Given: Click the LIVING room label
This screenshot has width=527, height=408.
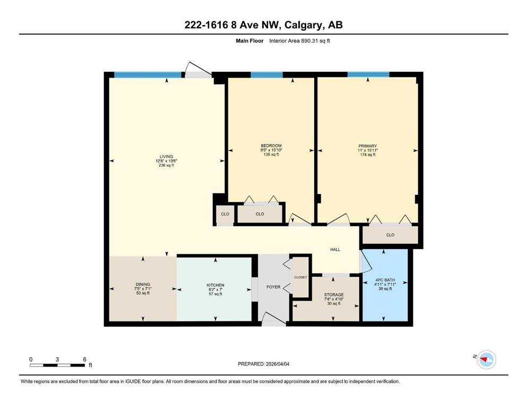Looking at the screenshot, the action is pos(166,156).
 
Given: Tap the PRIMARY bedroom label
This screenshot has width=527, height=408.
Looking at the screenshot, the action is pos(368,146).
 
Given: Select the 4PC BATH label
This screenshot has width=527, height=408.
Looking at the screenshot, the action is pos(385,280).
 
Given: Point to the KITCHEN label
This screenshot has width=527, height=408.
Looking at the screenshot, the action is pos(215,285).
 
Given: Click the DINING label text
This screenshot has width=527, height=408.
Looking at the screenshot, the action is pos(143,284).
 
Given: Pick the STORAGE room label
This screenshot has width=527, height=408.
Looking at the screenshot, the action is pos(334,295).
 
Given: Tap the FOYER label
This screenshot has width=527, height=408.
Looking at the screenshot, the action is pos(273,287).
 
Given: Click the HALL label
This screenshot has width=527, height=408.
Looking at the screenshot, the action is pos(335,250).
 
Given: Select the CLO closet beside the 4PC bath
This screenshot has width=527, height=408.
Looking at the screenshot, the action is pos(390,235).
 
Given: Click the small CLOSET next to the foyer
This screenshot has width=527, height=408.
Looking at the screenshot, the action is pos(300,277).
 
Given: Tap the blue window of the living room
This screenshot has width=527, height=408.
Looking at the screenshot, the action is pos(148,75).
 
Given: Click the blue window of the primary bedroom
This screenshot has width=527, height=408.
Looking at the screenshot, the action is pos(368,74).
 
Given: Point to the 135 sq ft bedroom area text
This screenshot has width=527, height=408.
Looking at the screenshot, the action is pos(271,155).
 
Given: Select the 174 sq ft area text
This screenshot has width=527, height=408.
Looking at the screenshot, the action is pos(368,155).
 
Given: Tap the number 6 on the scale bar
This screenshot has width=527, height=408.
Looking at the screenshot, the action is pos(85,359).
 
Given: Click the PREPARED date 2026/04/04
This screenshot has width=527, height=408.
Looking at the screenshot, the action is pos(277,364).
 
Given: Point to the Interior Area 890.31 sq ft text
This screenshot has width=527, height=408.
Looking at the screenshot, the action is pos(299,41).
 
